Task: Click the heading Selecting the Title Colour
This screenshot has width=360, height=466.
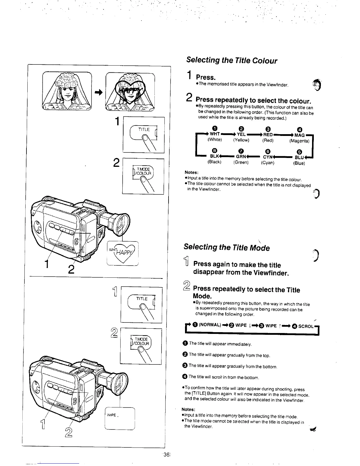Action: point(231,61)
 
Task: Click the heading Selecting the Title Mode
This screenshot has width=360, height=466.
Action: point(226,247)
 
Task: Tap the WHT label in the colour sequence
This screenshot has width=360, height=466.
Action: point(214,135)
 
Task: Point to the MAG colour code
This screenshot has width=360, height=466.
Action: point(299,135)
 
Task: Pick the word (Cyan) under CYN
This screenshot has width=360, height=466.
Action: point(267,162)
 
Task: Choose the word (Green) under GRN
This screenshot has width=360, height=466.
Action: point(241,162)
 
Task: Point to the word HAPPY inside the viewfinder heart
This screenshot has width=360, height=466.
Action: point(123,252)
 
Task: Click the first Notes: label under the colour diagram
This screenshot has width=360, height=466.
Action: point(191,172)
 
